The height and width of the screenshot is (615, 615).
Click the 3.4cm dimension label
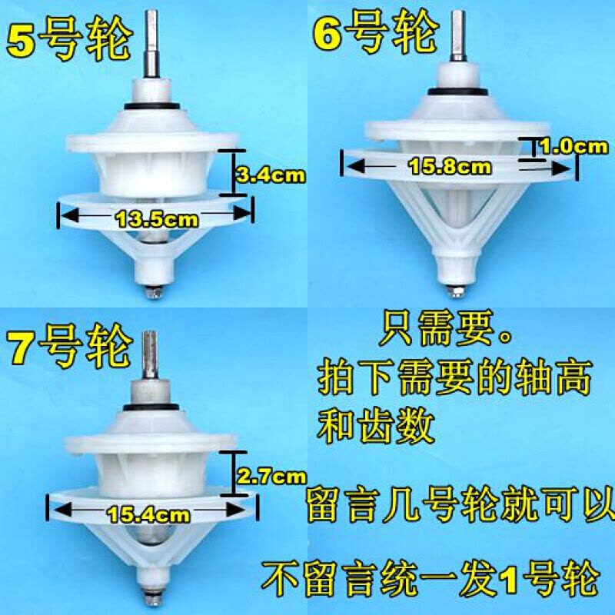(x=271, y=175)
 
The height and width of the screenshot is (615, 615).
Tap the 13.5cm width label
(x=157, y=219)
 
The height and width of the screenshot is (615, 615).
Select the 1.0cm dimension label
(x=574, y=147)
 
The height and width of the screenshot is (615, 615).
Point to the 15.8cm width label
(x=450, y=168)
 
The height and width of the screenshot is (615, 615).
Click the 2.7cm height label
(x=271, y=477)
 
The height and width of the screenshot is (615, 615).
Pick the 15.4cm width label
(x=148, y=514)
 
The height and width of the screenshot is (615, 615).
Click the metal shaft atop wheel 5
(x=151, y=44)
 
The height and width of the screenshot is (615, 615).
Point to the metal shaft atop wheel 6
(x=458, y=35)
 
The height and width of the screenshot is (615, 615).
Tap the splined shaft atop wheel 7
(x=150, y=355)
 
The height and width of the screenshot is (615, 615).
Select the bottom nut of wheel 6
(x=456, y=291)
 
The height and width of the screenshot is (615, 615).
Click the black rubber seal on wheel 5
(x=152, y=106)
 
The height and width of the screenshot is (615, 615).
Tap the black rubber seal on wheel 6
(x=458, y=91)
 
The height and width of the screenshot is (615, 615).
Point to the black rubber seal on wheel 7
(x=151, y=408)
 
